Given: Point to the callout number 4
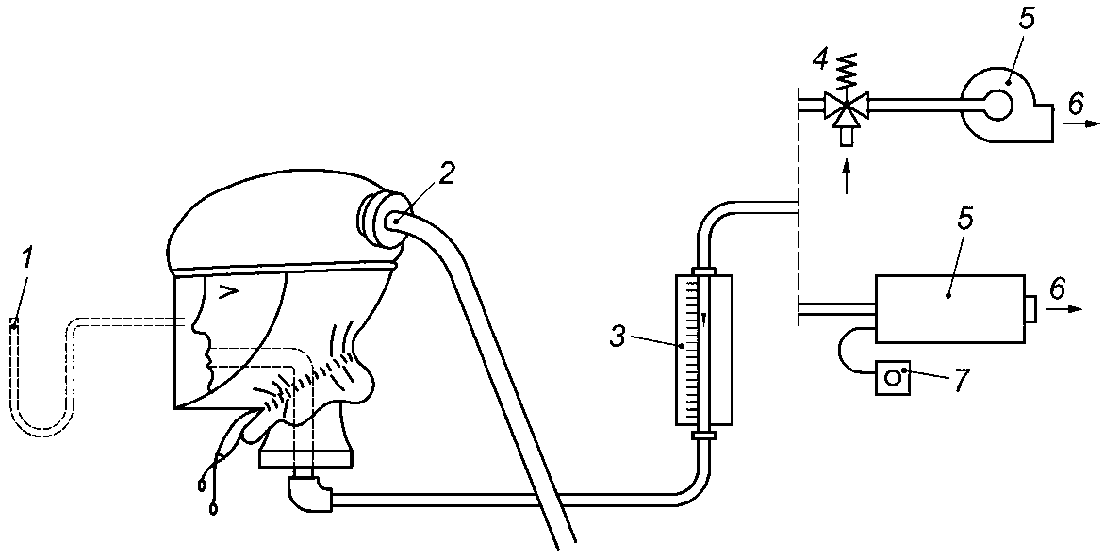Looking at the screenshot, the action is [819, 59].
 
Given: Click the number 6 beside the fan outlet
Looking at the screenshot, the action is [1075, 104].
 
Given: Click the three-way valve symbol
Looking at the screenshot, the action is [845, 107].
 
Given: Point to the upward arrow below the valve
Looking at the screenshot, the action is [847, 177].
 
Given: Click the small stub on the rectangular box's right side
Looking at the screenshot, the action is [1030, 308].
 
